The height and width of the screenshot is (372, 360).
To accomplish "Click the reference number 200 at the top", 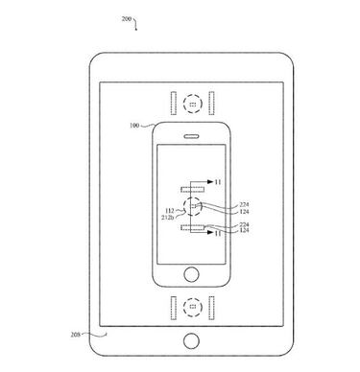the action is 126,18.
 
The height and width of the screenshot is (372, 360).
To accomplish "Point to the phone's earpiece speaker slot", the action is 192,134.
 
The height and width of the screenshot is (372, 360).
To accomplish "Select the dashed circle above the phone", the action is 192,102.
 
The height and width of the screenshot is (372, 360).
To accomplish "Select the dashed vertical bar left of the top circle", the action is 172,102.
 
